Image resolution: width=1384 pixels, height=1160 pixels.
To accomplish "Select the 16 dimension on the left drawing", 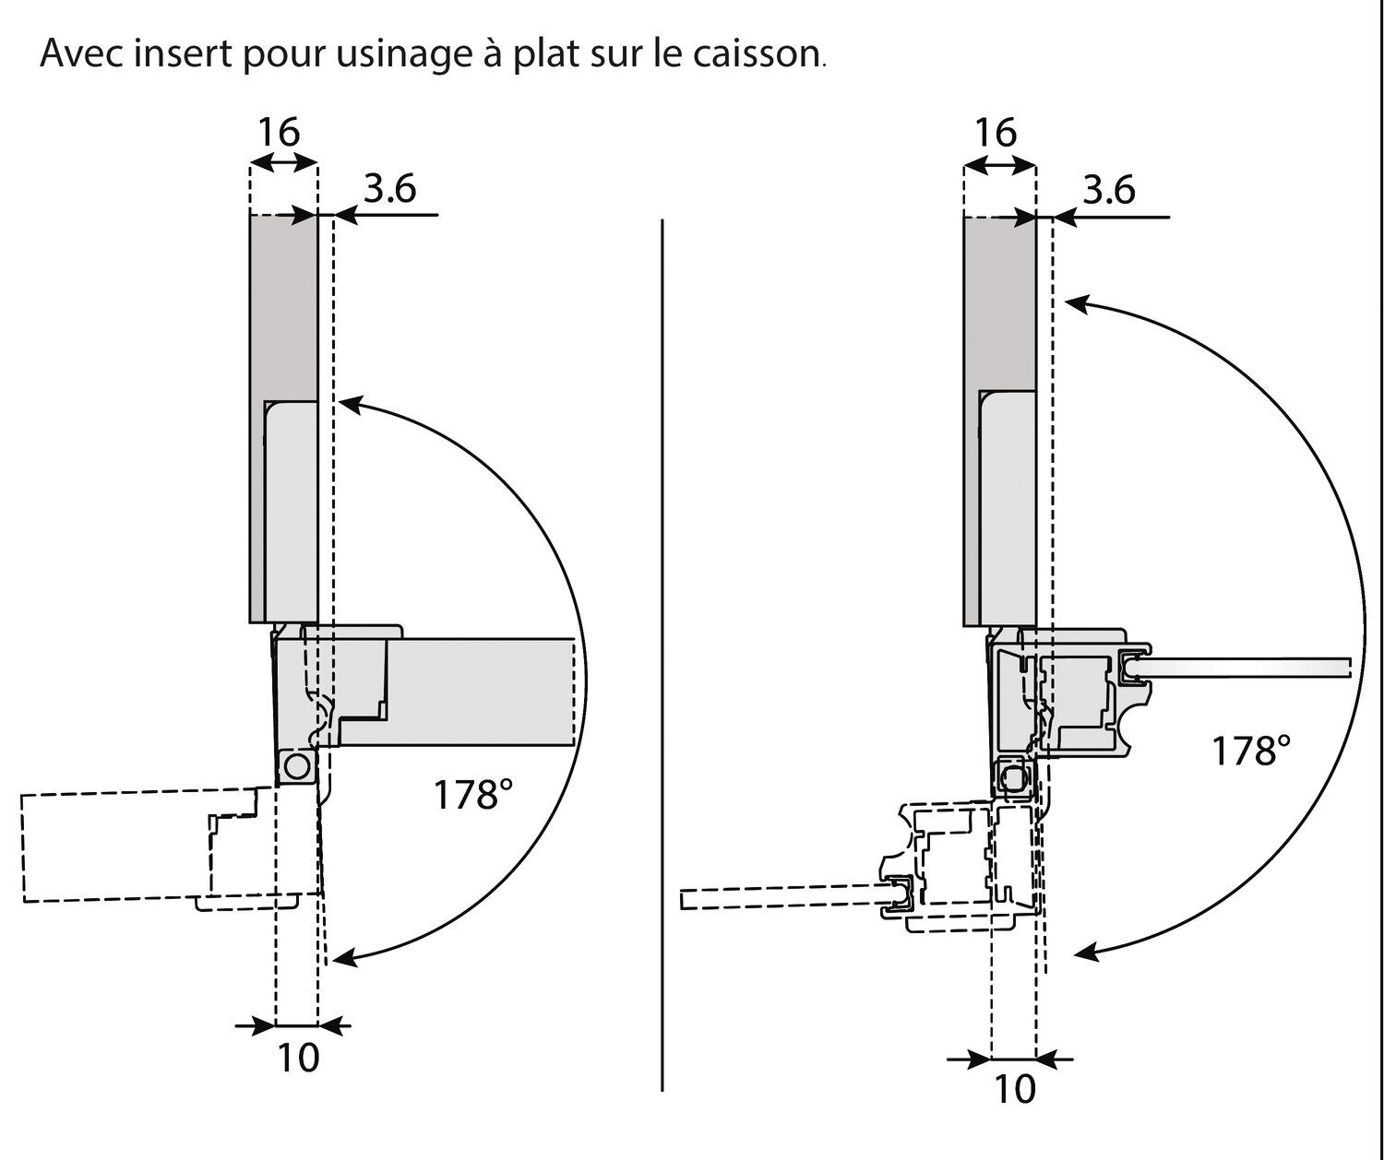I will tap(278, 134).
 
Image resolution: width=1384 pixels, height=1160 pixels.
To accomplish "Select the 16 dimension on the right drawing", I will tap(996, 133).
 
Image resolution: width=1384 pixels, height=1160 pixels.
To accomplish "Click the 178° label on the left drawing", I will tap(472, 794).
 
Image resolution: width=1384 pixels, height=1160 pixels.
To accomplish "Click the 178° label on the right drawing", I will tap(1250, 751).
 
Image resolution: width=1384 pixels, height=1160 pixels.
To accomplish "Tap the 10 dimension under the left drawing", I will tap(298, 1058).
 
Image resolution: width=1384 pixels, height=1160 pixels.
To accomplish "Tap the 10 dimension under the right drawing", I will tap(1015, 1090).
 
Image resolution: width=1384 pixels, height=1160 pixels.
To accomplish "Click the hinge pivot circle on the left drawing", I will tap(297, 766).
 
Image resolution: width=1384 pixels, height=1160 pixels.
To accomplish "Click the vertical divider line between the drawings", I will tap(662, 645).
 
